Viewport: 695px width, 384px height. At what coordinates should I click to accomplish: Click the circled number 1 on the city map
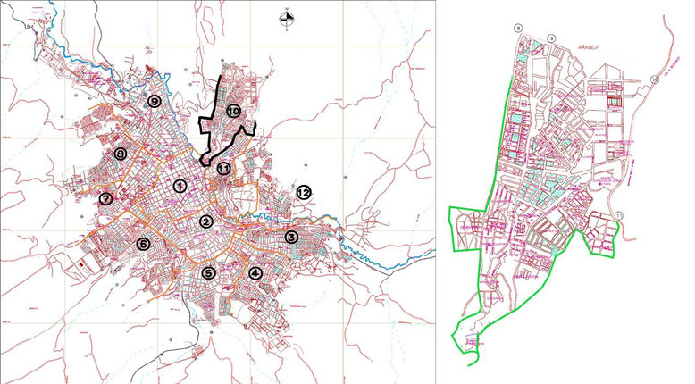click(x=180, y=187)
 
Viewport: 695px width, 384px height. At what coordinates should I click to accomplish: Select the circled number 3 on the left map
click(x=291, y=238)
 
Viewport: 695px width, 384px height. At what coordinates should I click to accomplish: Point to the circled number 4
click(x=256, y=273)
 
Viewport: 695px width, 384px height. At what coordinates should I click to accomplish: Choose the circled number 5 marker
click(x=209, y=273)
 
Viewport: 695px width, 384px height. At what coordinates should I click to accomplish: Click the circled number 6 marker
click(x=142, y=244)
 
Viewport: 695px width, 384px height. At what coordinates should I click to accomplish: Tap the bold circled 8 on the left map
click(x=120, y=154)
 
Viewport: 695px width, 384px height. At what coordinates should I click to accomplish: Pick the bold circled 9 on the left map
click(x=155, y=102)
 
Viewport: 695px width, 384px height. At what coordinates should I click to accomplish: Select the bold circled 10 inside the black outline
click(x=234, y=112)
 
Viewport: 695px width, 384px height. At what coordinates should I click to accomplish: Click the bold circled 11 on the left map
click(x=223, y=167)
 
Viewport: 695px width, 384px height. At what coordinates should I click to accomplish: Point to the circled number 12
click(x=304, y=191)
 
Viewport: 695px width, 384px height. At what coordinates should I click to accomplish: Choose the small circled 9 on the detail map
click(x=552, y=37)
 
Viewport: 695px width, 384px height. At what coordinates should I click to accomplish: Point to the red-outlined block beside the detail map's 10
click(x=613, y=104)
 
